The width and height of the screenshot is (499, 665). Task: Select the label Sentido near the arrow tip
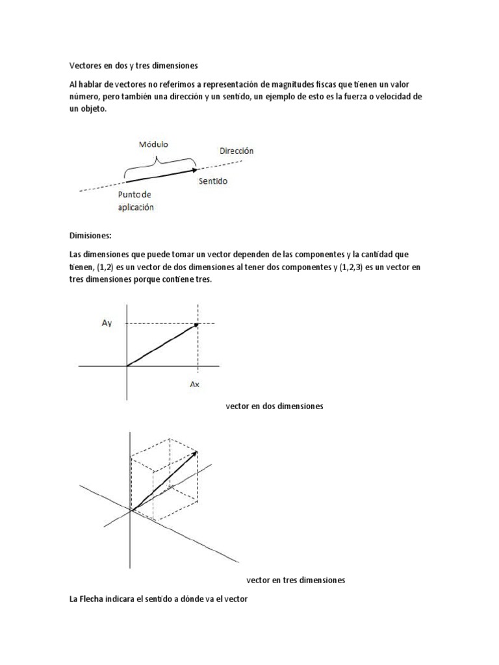pyautogui.click(x=213, y=181)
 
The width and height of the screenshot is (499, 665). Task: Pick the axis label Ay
pyautogui.click(x=107, y=323)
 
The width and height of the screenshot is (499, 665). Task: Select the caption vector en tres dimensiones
pyautogui.click(x=296, y=580)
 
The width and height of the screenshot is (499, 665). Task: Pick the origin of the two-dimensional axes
pyautogui.click(x=127, y=366)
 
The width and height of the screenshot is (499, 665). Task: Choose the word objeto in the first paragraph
pyautogui.click(x=92, y=110)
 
